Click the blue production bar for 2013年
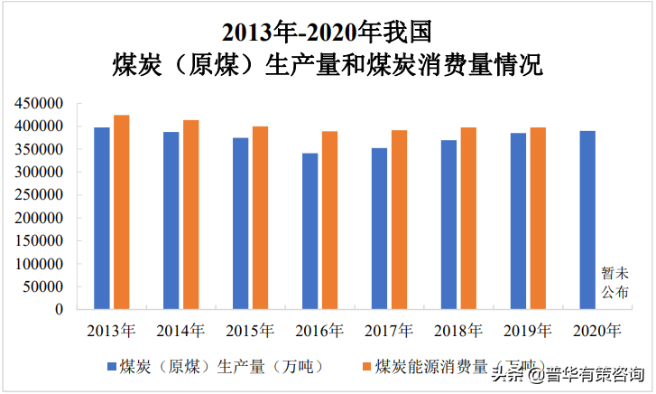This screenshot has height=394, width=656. pos(102,218)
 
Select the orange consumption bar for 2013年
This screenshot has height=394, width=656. pos(122,212)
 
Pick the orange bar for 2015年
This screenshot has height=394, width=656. pos(260,218)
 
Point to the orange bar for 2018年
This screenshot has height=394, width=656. pos(468,219)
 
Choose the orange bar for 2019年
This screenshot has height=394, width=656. pos(538,219)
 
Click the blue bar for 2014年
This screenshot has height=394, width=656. pos(171,220)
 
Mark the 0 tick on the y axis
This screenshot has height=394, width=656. pos(59,309)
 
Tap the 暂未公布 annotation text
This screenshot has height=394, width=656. pos(614,282)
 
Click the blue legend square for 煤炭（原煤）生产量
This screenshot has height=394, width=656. pos(113,366)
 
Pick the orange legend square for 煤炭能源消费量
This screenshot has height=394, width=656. pos(366,366)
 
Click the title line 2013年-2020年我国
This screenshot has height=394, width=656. pos(328,33)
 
